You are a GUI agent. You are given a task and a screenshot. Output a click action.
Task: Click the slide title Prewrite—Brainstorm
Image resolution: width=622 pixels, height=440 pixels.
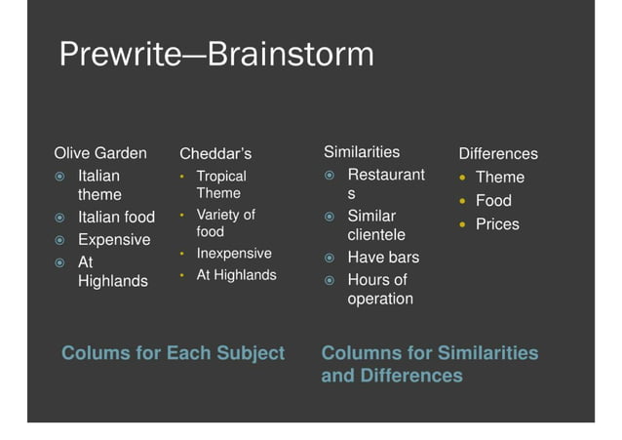(x=216, y=54)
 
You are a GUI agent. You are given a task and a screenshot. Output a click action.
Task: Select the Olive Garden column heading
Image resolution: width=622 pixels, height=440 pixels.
(x=100, y=152)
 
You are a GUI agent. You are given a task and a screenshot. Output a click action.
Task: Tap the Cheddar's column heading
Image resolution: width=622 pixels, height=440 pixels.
(x=215, y=153)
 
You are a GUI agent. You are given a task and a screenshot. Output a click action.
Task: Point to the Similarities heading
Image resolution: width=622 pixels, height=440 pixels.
(x=362, y=151)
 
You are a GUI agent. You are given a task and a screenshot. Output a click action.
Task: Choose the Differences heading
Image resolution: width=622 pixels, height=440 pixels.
(x=498, y=153)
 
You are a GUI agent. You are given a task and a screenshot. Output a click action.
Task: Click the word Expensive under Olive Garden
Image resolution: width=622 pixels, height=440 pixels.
(x=114, y=239)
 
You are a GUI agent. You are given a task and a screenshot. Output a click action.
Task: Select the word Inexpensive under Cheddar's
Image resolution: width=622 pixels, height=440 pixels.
(x=234, y=253)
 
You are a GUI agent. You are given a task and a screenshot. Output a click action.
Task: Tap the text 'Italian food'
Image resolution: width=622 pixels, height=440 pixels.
(x=116, y=217)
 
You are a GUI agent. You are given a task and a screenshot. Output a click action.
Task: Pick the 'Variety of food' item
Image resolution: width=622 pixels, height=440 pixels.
(x=225, y=222)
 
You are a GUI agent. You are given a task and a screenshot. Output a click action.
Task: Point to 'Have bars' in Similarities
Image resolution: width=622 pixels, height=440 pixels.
(x=383, y=257)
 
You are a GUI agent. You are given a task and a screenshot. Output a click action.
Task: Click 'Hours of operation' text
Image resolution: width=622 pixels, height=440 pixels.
(x=379, y=289)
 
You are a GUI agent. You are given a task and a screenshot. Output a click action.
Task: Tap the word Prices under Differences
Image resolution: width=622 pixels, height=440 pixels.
(x=497, y=223)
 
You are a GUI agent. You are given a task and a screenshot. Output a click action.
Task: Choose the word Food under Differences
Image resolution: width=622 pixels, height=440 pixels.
(x=493, y=200)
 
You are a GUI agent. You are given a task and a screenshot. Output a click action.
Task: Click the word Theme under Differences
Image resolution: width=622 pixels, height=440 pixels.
(x=499, y=177)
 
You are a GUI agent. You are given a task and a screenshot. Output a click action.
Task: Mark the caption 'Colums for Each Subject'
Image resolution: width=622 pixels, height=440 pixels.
(x=173, y=352)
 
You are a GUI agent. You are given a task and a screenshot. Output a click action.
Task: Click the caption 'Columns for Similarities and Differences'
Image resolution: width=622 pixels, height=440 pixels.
(x=429, y=363)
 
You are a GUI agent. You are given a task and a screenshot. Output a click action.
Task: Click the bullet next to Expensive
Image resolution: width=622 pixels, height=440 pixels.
(x=59, y=240)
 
